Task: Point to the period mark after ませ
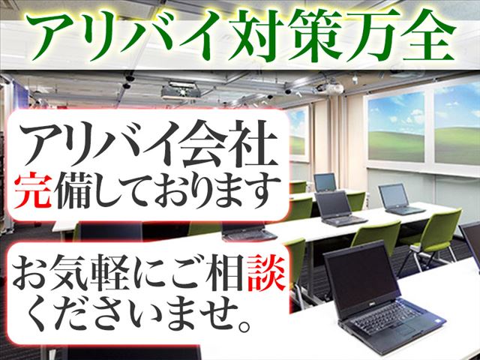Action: click(x=245, y=325)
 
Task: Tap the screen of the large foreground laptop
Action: click(x=361, y=279)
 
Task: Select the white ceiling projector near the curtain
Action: click(x=331, y=88)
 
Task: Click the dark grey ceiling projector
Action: click(x=181, y=91)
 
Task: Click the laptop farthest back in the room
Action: click(x=325, y=183)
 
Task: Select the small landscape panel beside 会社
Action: click(x=298, y=134)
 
